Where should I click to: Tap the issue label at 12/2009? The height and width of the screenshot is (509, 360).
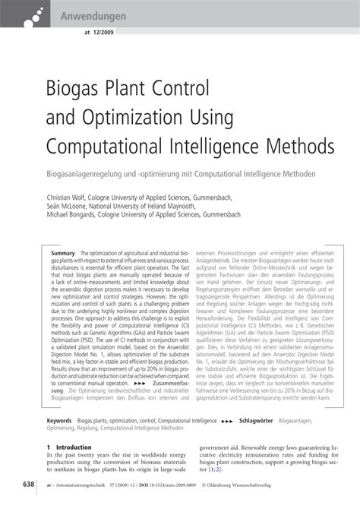(x=94, y=33)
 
